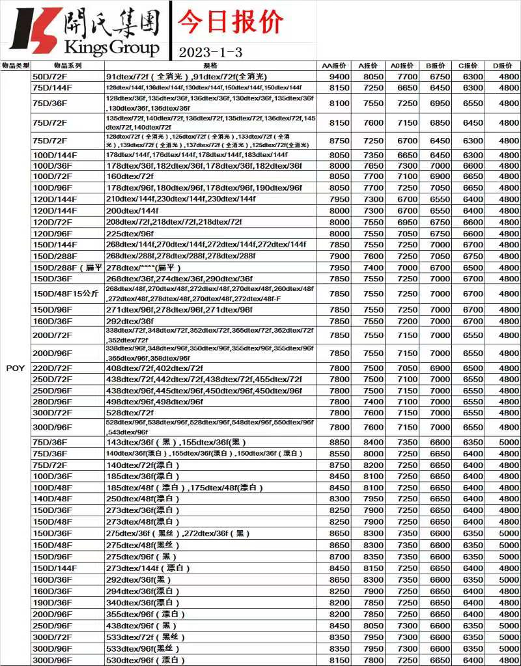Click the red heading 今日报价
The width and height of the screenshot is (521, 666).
(x=231, y=21)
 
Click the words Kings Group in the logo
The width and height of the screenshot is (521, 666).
(x=112, y=48)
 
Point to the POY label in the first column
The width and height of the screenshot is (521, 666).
(x=15, y=368)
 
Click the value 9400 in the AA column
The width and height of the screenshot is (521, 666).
(x=339, y=77)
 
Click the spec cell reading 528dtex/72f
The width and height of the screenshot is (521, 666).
(x=130, y=413)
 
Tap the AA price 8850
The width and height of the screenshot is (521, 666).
(x=339, y=442)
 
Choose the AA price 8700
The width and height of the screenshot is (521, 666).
(x=339, y=557)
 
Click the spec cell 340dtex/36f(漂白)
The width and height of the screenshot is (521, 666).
(x=142, y=603)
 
